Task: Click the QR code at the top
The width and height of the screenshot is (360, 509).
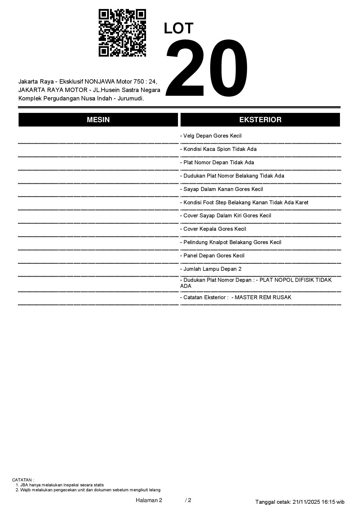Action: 122,33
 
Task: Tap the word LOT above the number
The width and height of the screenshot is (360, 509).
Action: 179,28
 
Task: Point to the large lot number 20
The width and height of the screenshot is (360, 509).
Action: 207,68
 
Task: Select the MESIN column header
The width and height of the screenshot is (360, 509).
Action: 98,120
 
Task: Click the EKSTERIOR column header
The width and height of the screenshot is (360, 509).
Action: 260,120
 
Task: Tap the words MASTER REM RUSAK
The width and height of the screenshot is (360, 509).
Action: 263,297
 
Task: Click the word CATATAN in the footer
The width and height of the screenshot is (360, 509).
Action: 23,480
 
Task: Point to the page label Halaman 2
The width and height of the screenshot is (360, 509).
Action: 149,500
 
